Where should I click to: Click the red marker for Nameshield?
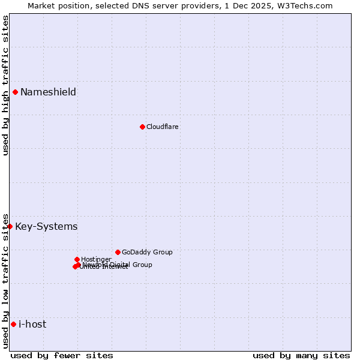[x=15, y=92]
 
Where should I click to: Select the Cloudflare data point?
[x=142, y=127]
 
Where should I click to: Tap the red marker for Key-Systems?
[x=10, y=226]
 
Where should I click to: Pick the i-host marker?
[x=13, y=324]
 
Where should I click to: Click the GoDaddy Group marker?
[x=118, y=252]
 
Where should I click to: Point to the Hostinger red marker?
[x=77, y=259]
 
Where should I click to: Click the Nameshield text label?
[x=48, y=92]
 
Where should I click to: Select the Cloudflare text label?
[x=163, y=127]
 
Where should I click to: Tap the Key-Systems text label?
[x=46, y=226]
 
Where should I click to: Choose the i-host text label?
[x=32, y=324]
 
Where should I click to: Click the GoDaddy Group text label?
[x=147, y=252]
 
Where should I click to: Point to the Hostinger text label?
[x=96, y=259]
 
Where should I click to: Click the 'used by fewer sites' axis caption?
[x=62, y=355]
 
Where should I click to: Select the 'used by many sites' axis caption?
[x=301, y=355]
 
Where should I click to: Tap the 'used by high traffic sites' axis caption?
[x=5, y=85]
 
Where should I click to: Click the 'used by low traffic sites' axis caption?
[x=5, y=280]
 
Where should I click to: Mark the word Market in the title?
[x=42, y=5]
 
